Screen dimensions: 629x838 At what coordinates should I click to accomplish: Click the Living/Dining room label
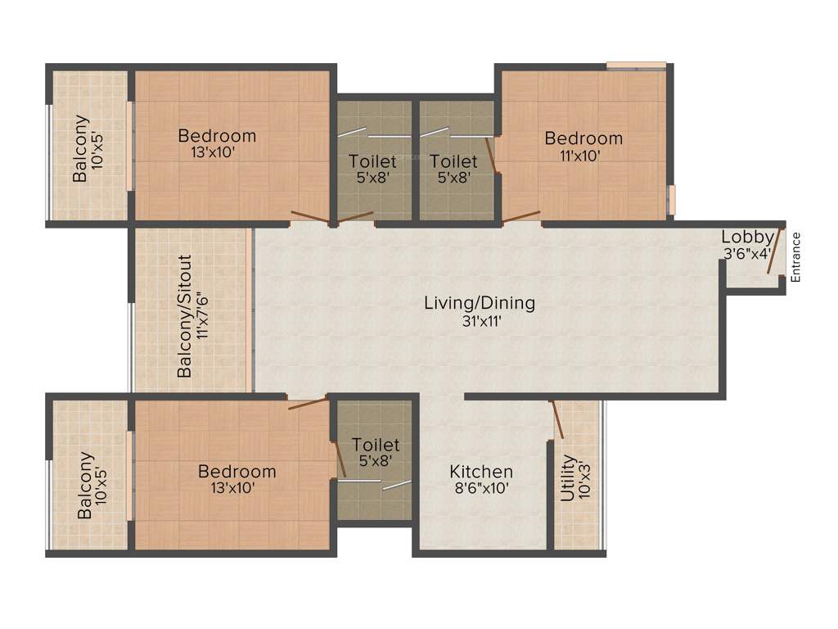coord(480,303)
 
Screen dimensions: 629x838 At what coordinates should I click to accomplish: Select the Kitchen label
coord(481,472)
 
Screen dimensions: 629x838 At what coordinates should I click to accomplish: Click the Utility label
coord(567,479)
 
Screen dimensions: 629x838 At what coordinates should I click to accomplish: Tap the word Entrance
coord(795,257)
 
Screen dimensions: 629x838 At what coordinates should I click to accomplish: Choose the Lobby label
coord(746,238)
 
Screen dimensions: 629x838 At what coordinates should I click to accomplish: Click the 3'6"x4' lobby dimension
coord(746,253)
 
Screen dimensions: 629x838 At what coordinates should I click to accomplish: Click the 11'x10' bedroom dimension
coord(583,155)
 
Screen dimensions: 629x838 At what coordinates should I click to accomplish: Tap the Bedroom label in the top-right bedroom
coord(583,138)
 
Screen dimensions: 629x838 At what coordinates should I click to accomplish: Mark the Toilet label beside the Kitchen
coord(376,445)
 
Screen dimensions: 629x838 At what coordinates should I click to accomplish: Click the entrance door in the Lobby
coord(773,251)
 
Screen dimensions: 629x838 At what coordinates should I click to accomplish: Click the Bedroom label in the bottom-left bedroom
coord(237,472)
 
